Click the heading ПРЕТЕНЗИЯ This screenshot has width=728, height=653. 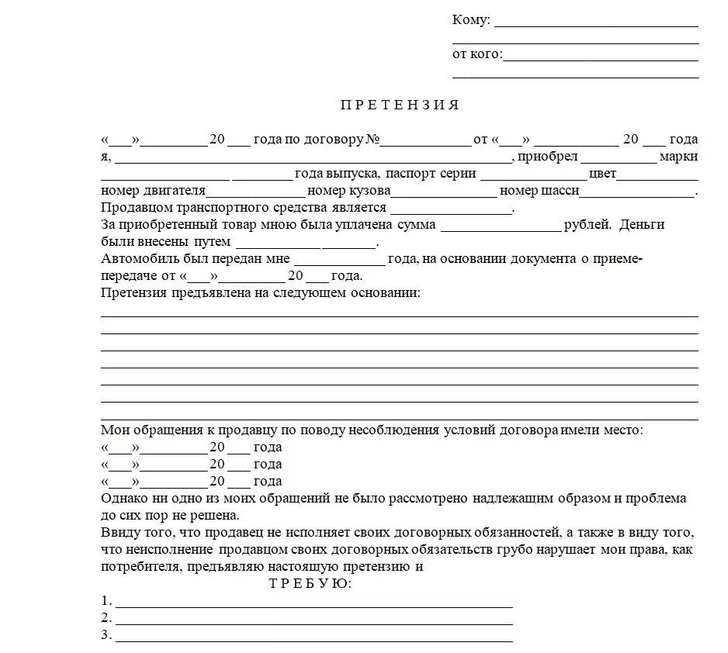coord(400,105)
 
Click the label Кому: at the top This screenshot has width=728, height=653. coord(471,20)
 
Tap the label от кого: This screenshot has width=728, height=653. coord(477,54)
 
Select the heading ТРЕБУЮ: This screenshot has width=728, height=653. coord(310,584)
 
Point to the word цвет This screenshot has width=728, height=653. coord(602,174)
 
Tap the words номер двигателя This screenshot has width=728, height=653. coord(153,191)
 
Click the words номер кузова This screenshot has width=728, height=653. coord(348,191)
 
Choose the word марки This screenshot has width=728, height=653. coord(678,157)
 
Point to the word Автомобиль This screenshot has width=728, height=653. coord(138,259)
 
